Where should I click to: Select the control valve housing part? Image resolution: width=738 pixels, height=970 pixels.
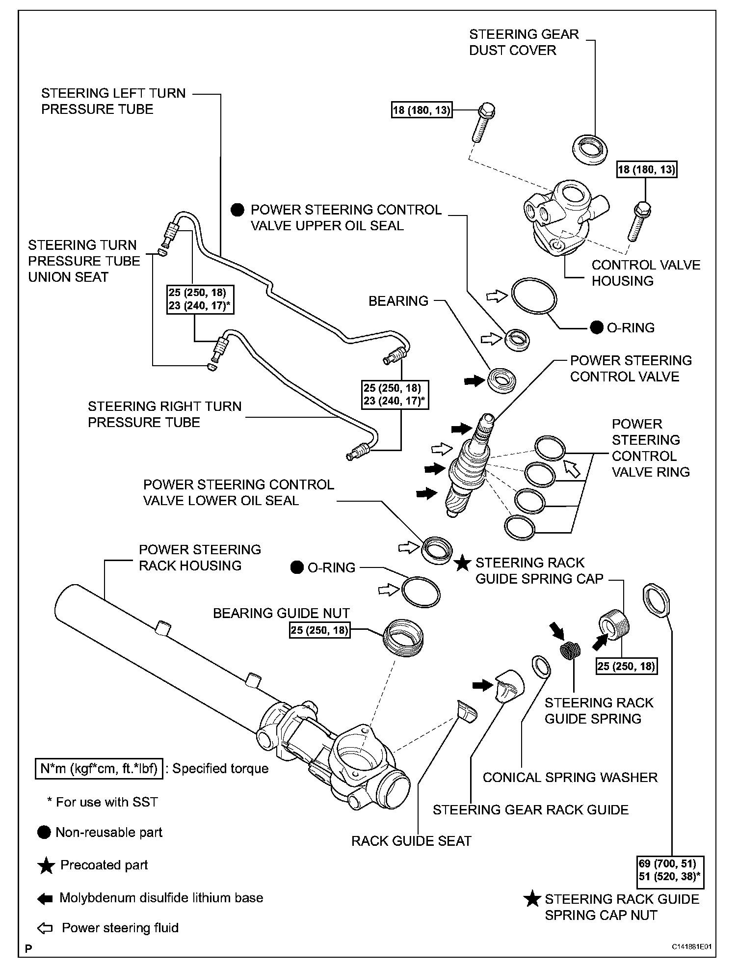coord(564,216)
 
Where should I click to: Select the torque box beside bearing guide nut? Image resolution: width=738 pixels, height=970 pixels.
coord(319,630)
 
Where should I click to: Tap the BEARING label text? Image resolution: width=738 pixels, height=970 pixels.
coord(398,301)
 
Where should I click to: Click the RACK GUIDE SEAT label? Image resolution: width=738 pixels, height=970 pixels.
coord(411,841)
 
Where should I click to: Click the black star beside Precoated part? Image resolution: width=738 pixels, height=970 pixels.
coord(46,865)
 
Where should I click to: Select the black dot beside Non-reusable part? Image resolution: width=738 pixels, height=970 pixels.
coord(44,833)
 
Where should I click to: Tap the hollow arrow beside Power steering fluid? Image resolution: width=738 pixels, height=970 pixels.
coord(45,928)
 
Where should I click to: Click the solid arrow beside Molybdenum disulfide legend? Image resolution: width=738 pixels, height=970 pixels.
coord(45,898)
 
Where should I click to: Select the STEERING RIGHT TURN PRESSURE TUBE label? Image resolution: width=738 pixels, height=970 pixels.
coord(164,414)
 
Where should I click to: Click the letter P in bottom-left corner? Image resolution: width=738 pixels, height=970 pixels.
coord(28,948)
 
